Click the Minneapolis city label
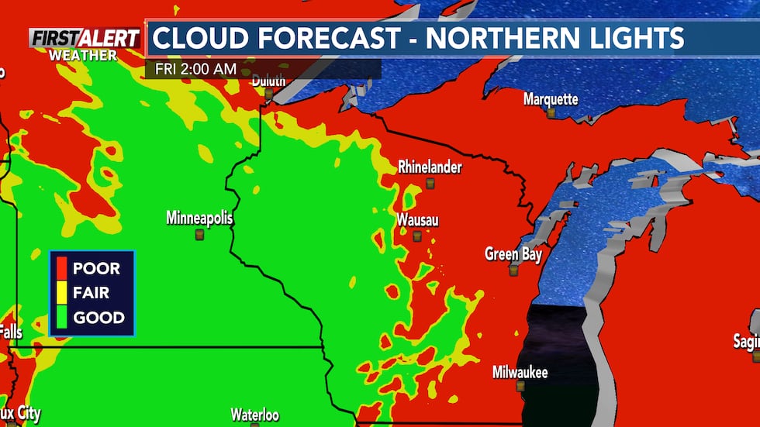[x=199, y=219]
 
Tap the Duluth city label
[x=268, y=81]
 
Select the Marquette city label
[x=551, y=99]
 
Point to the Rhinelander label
[x=430, y=167]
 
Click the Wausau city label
[x=417, y=220]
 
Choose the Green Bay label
[x=513, y=254]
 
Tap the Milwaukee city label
[x=520, y=373]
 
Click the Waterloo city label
[x=254, y=415]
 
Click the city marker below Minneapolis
[x=199, y=234]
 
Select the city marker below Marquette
[x=551, y=113]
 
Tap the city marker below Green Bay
[x=513, y=270]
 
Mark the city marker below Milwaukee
[x=520, y=386]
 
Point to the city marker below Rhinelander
[x=430, y=183]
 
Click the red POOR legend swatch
[x=60, y=269]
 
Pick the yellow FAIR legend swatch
[x=60, y=293]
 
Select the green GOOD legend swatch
[x=60, y=317]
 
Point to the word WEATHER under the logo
[x=82, y=56]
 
